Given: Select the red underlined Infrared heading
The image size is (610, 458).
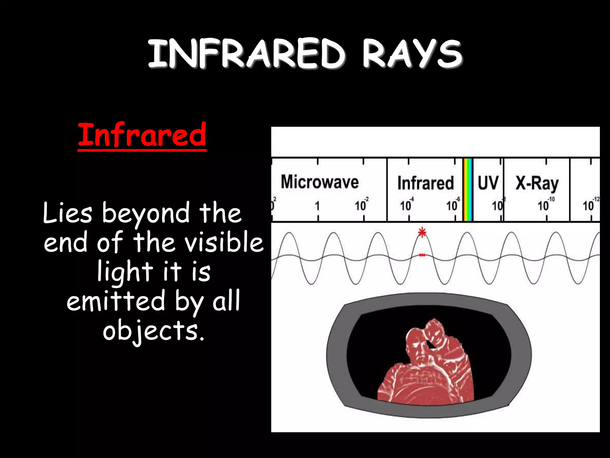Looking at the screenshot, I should point(142,135).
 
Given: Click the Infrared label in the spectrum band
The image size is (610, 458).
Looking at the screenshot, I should point(425,183).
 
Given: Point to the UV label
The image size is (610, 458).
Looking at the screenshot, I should point(488,182).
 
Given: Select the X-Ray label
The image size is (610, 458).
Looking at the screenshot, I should point(537,183).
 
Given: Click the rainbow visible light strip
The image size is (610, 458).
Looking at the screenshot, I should point(468,190).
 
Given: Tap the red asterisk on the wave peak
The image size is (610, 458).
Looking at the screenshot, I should point(422,232).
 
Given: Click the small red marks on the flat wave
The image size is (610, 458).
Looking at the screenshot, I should point(422,255).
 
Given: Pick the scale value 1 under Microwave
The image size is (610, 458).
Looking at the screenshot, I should point(317,206).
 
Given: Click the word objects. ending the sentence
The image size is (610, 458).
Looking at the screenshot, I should point(153,330).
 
